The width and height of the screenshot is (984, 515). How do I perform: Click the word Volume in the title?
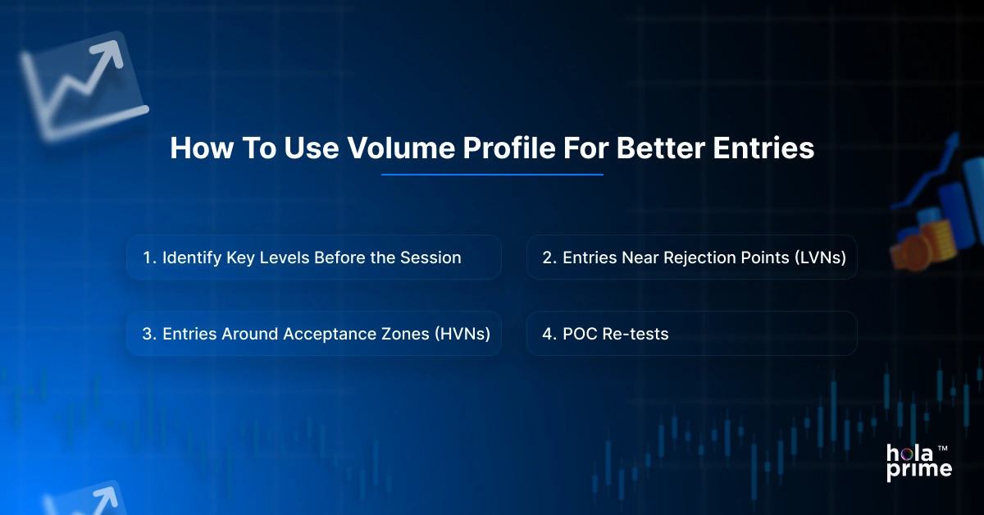pos(402,148)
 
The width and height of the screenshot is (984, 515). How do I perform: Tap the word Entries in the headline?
pos(763,148)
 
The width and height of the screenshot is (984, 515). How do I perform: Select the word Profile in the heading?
pos(509,148)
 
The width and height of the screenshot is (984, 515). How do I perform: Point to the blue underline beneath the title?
pos(492,175)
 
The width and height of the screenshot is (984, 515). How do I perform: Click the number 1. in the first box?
pos(149,257)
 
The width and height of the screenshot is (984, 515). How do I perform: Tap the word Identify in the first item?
pos(192,258)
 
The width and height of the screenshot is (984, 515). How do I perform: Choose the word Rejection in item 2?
pos(699,258)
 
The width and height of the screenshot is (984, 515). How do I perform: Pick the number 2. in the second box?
pos(549,257)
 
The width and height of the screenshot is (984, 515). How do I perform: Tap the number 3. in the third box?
pos(149,334)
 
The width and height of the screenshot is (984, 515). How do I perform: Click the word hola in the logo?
pos(909,453)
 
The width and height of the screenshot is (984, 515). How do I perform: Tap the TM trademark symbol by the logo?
pos(943,449)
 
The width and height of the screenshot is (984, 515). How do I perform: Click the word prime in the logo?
pos(919,470)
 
